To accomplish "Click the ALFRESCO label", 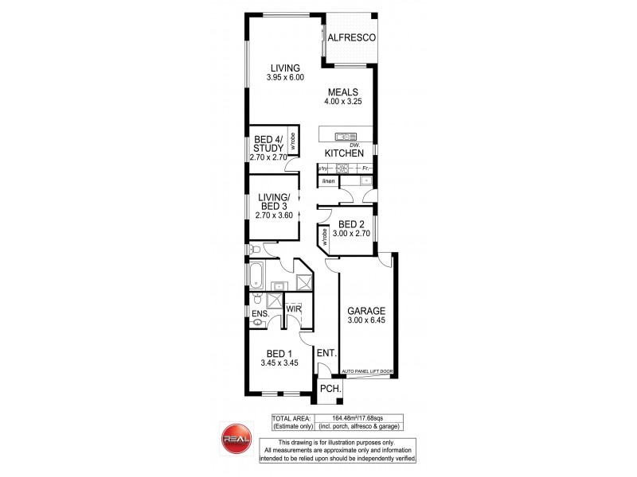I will pos(350,37).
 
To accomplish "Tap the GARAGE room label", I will pos(366,311).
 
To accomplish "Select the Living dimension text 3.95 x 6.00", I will pos(286,77).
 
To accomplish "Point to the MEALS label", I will pos(344,91).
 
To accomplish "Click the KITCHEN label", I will pos(344,153).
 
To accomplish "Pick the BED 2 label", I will pos(351,225).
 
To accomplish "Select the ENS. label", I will pos(260,315).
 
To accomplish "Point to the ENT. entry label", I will pos(326,353).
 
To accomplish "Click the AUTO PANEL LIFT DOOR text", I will pos(366,371).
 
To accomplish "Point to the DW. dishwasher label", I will pos(344,144).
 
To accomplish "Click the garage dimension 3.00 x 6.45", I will pos(366,320).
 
